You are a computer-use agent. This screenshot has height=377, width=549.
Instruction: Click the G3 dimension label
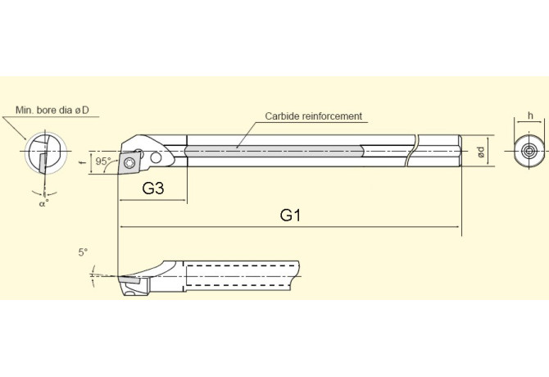click(153, 188)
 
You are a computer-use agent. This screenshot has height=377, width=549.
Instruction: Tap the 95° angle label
click(103, 161)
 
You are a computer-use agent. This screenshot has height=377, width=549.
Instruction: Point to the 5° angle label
click(83, 252)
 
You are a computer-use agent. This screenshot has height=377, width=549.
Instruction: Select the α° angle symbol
click(43, 203)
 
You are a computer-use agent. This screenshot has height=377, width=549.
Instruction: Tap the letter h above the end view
click(530, 116)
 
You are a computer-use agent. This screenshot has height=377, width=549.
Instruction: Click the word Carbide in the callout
click(282, 116)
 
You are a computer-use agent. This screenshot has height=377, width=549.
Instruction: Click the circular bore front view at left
click(43, 154)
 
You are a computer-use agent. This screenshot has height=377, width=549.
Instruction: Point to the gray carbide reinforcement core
click(274, 151)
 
